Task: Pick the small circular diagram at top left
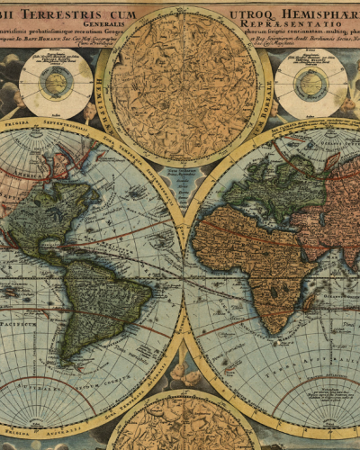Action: [56, 84]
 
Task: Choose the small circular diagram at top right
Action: [311, 84]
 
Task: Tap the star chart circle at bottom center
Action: [184, 423]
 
